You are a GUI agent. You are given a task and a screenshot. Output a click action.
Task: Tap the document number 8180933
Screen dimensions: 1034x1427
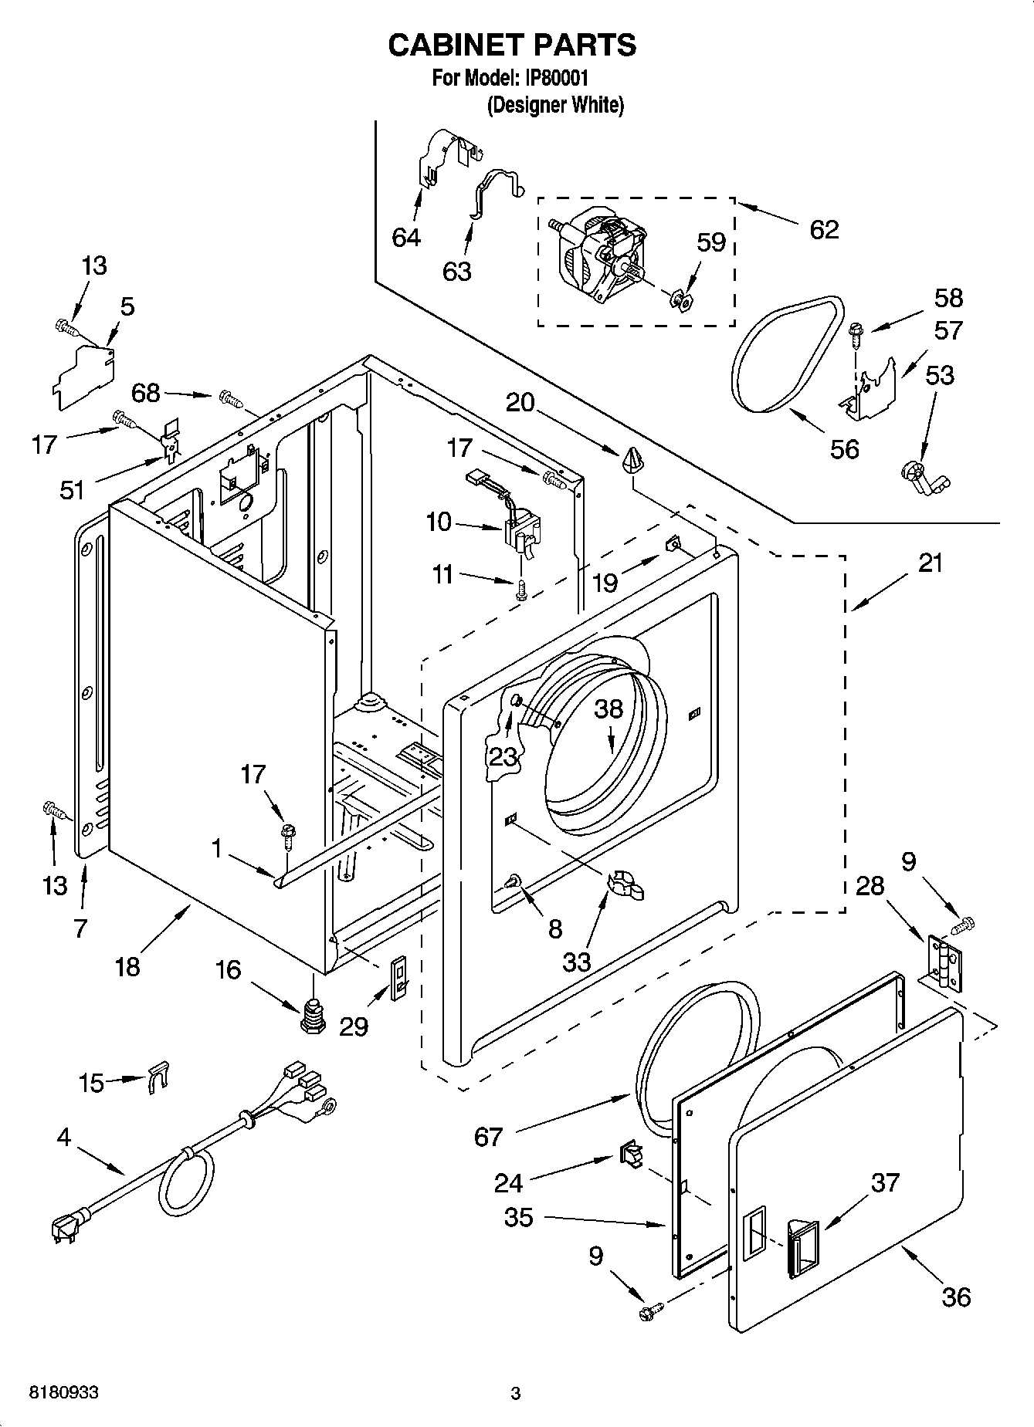point(63,1393)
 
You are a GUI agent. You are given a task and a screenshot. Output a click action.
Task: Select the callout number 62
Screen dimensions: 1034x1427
point(823,229)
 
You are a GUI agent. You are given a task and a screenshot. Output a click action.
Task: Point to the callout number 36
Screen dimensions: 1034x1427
point(956,1297)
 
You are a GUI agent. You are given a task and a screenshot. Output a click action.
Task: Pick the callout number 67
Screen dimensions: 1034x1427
point(489,1136)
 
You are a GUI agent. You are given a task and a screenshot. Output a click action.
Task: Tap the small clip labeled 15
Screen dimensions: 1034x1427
point(158,1075)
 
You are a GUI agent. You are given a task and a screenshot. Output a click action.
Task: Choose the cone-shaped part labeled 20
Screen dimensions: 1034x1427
point(632,460)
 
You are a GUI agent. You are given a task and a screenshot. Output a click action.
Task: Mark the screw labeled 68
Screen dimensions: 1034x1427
point(231,398)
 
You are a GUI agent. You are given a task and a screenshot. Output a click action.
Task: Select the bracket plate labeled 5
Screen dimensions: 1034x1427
point(84,376)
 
